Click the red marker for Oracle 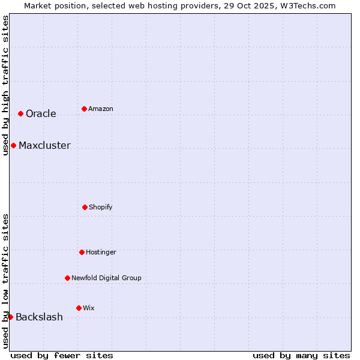point(20,113)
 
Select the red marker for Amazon point(84,109)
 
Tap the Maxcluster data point point(13,145)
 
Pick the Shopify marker point(85,207)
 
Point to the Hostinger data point point(82,252)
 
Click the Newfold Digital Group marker point(67,278)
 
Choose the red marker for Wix point(79,308)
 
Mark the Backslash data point point(10,317)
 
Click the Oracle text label point(41,114)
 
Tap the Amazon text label point(101,109)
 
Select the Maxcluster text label point(44,146)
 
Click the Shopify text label point(101,208)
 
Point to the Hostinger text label point(101,253)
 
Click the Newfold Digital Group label point(106,278)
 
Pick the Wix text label point(89,308)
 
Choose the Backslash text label point(39,317)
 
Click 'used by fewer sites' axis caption point(62,355)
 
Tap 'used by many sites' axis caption point(301,355)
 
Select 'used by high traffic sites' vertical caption point(5,85)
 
